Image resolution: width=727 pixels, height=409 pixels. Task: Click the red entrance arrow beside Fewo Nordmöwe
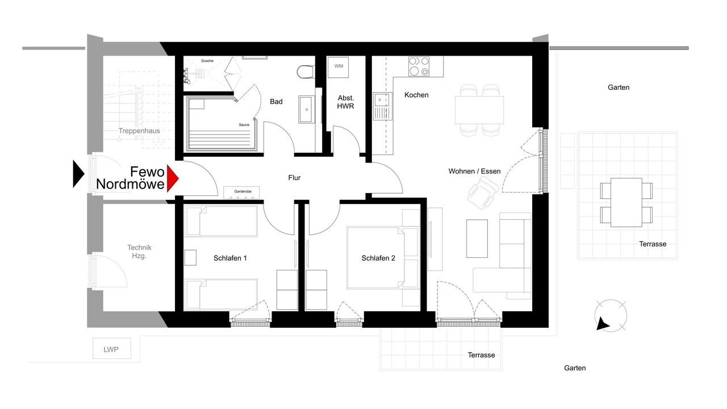click(x=172, y=178)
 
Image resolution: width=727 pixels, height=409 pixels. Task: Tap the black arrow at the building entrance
click(x=78, y=174)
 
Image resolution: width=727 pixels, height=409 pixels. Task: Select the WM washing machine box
click(x=338, y=67)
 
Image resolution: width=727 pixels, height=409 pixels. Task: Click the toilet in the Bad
click(x=306, y=72)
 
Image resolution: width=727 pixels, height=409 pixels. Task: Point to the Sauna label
click(x=244, y=124)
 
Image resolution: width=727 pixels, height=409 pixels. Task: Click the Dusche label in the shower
click(x=207, y=61)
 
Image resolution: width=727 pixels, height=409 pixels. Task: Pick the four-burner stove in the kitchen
click(x=419, y=66)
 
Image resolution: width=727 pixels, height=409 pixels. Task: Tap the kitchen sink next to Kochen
click(x=383, y=106)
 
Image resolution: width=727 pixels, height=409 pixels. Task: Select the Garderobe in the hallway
click(x=241, y=192)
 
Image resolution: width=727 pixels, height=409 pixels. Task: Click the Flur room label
click(x=294, y=178)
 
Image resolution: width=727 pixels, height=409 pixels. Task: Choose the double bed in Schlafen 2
click(x=376, y=258)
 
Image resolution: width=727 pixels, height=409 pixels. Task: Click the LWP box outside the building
click(x=112, y=348)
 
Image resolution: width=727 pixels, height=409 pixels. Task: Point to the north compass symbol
click(x=611, y=316)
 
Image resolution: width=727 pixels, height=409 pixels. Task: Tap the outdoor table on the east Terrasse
click(x=626, y=203)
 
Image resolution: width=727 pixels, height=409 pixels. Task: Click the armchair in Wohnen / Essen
click(x=483, y=194)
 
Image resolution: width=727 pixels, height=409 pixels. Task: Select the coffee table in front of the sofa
click(x=477, y=239)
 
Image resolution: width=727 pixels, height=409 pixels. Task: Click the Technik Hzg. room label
click(x=139, y=252)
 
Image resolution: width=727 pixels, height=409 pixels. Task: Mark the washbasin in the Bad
click(x=306, y=110)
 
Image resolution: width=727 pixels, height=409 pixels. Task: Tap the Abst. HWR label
click(x=346, y=102)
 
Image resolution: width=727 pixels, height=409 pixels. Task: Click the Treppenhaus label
click(x=139, y=131)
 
